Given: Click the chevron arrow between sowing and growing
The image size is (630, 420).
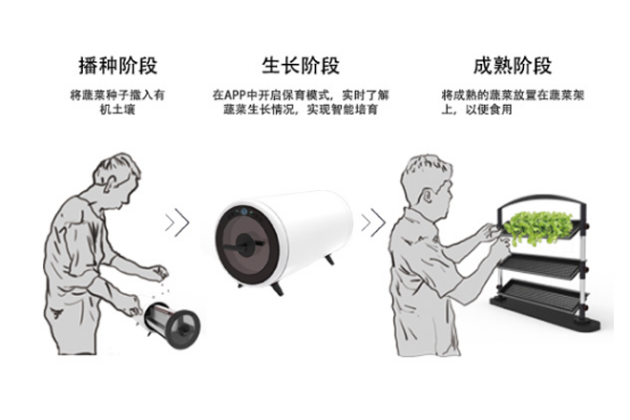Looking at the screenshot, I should (x=177, y=221).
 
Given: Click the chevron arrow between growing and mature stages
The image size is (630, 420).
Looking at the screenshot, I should (x=373, y=222).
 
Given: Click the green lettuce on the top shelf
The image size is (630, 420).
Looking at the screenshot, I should (x=540, y=227).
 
